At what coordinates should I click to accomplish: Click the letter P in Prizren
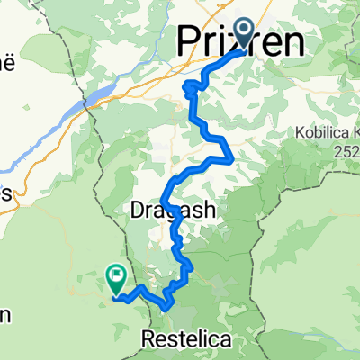coord(186,40)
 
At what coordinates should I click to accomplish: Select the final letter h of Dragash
coord(210,209)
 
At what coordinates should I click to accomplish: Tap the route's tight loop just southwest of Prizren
coord(191,88)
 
